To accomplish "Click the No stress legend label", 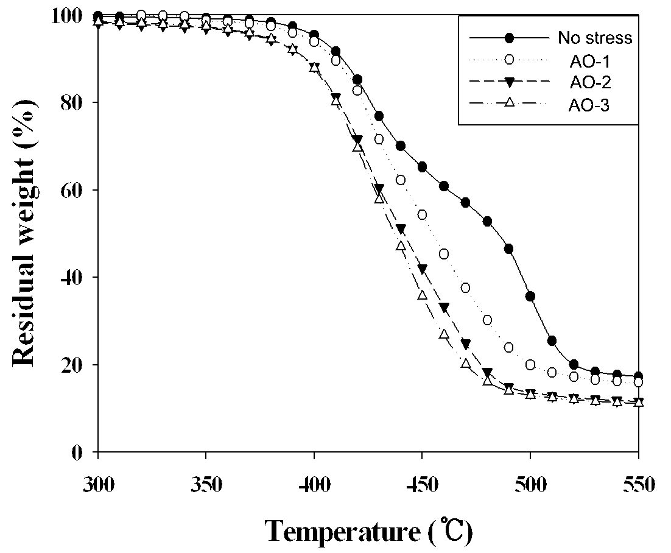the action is [x=595, y=38].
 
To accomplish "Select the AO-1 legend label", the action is [x=589, y=62].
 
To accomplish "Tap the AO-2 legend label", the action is [x=590, y=82].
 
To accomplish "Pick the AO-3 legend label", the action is [x=589, y=105].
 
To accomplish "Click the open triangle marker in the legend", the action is [x=509, y=103].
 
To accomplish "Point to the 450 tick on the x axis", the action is [x=422, y=452].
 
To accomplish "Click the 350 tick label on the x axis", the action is [x=206, y=485].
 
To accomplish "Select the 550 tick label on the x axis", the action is [x=639, y=485].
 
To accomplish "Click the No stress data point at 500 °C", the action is [x=530, y=296].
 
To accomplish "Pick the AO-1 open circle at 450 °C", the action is [x=422, y=214].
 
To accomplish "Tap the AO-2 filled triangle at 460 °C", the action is [x=444, y=308].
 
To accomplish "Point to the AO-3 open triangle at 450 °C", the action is [x=422, y=295].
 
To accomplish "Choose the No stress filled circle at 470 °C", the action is [x=466, y=202].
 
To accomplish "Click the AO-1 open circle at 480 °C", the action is [x=487, y=320].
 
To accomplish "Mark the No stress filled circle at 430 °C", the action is [x=379, y=116].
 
